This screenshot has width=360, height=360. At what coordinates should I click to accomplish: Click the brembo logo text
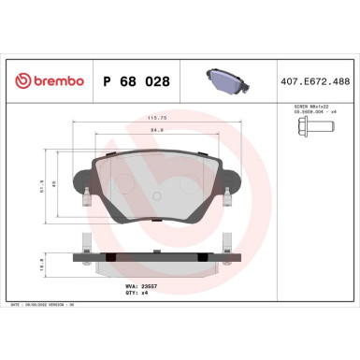pos(54,81)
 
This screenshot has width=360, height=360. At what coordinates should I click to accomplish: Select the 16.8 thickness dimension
pos(42,266)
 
